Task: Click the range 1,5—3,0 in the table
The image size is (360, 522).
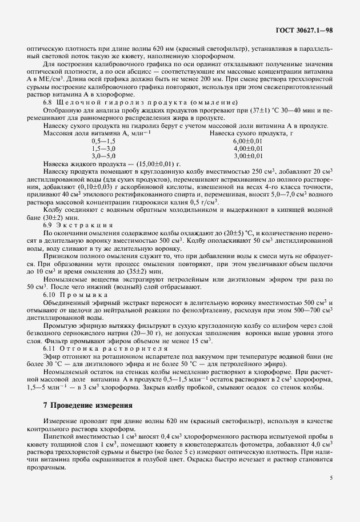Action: point(103,148)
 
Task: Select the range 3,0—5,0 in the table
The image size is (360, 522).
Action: point(103,155)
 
